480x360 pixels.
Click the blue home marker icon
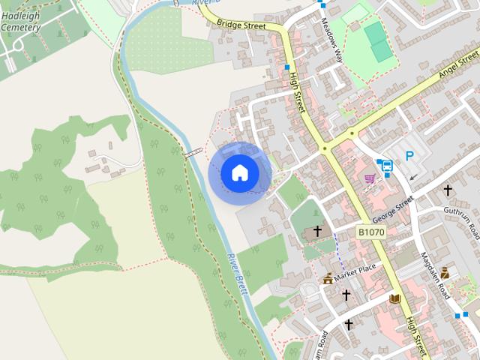(239, 172)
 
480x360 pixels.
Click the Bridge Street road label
(241, 25)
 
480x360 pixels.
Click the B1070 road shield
(370, 234)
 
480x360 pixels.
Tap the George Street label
(394, 210)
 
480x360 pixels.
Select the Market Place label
(355, 269)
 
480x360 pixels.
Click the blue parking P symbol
(409, 156)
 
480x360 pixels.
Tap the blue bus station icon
(388, 166)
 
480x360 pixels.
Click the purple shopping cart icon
(370, 178)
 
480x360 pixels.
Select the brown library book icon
(394, 298)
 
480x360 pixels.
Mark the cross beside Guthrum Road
(448, 190)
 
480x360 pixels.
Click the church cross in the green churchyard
(317, 231)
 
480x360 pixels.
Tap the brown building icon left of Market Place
(328, 279)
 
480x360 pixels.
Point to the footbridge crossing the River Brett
(193, 153)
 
